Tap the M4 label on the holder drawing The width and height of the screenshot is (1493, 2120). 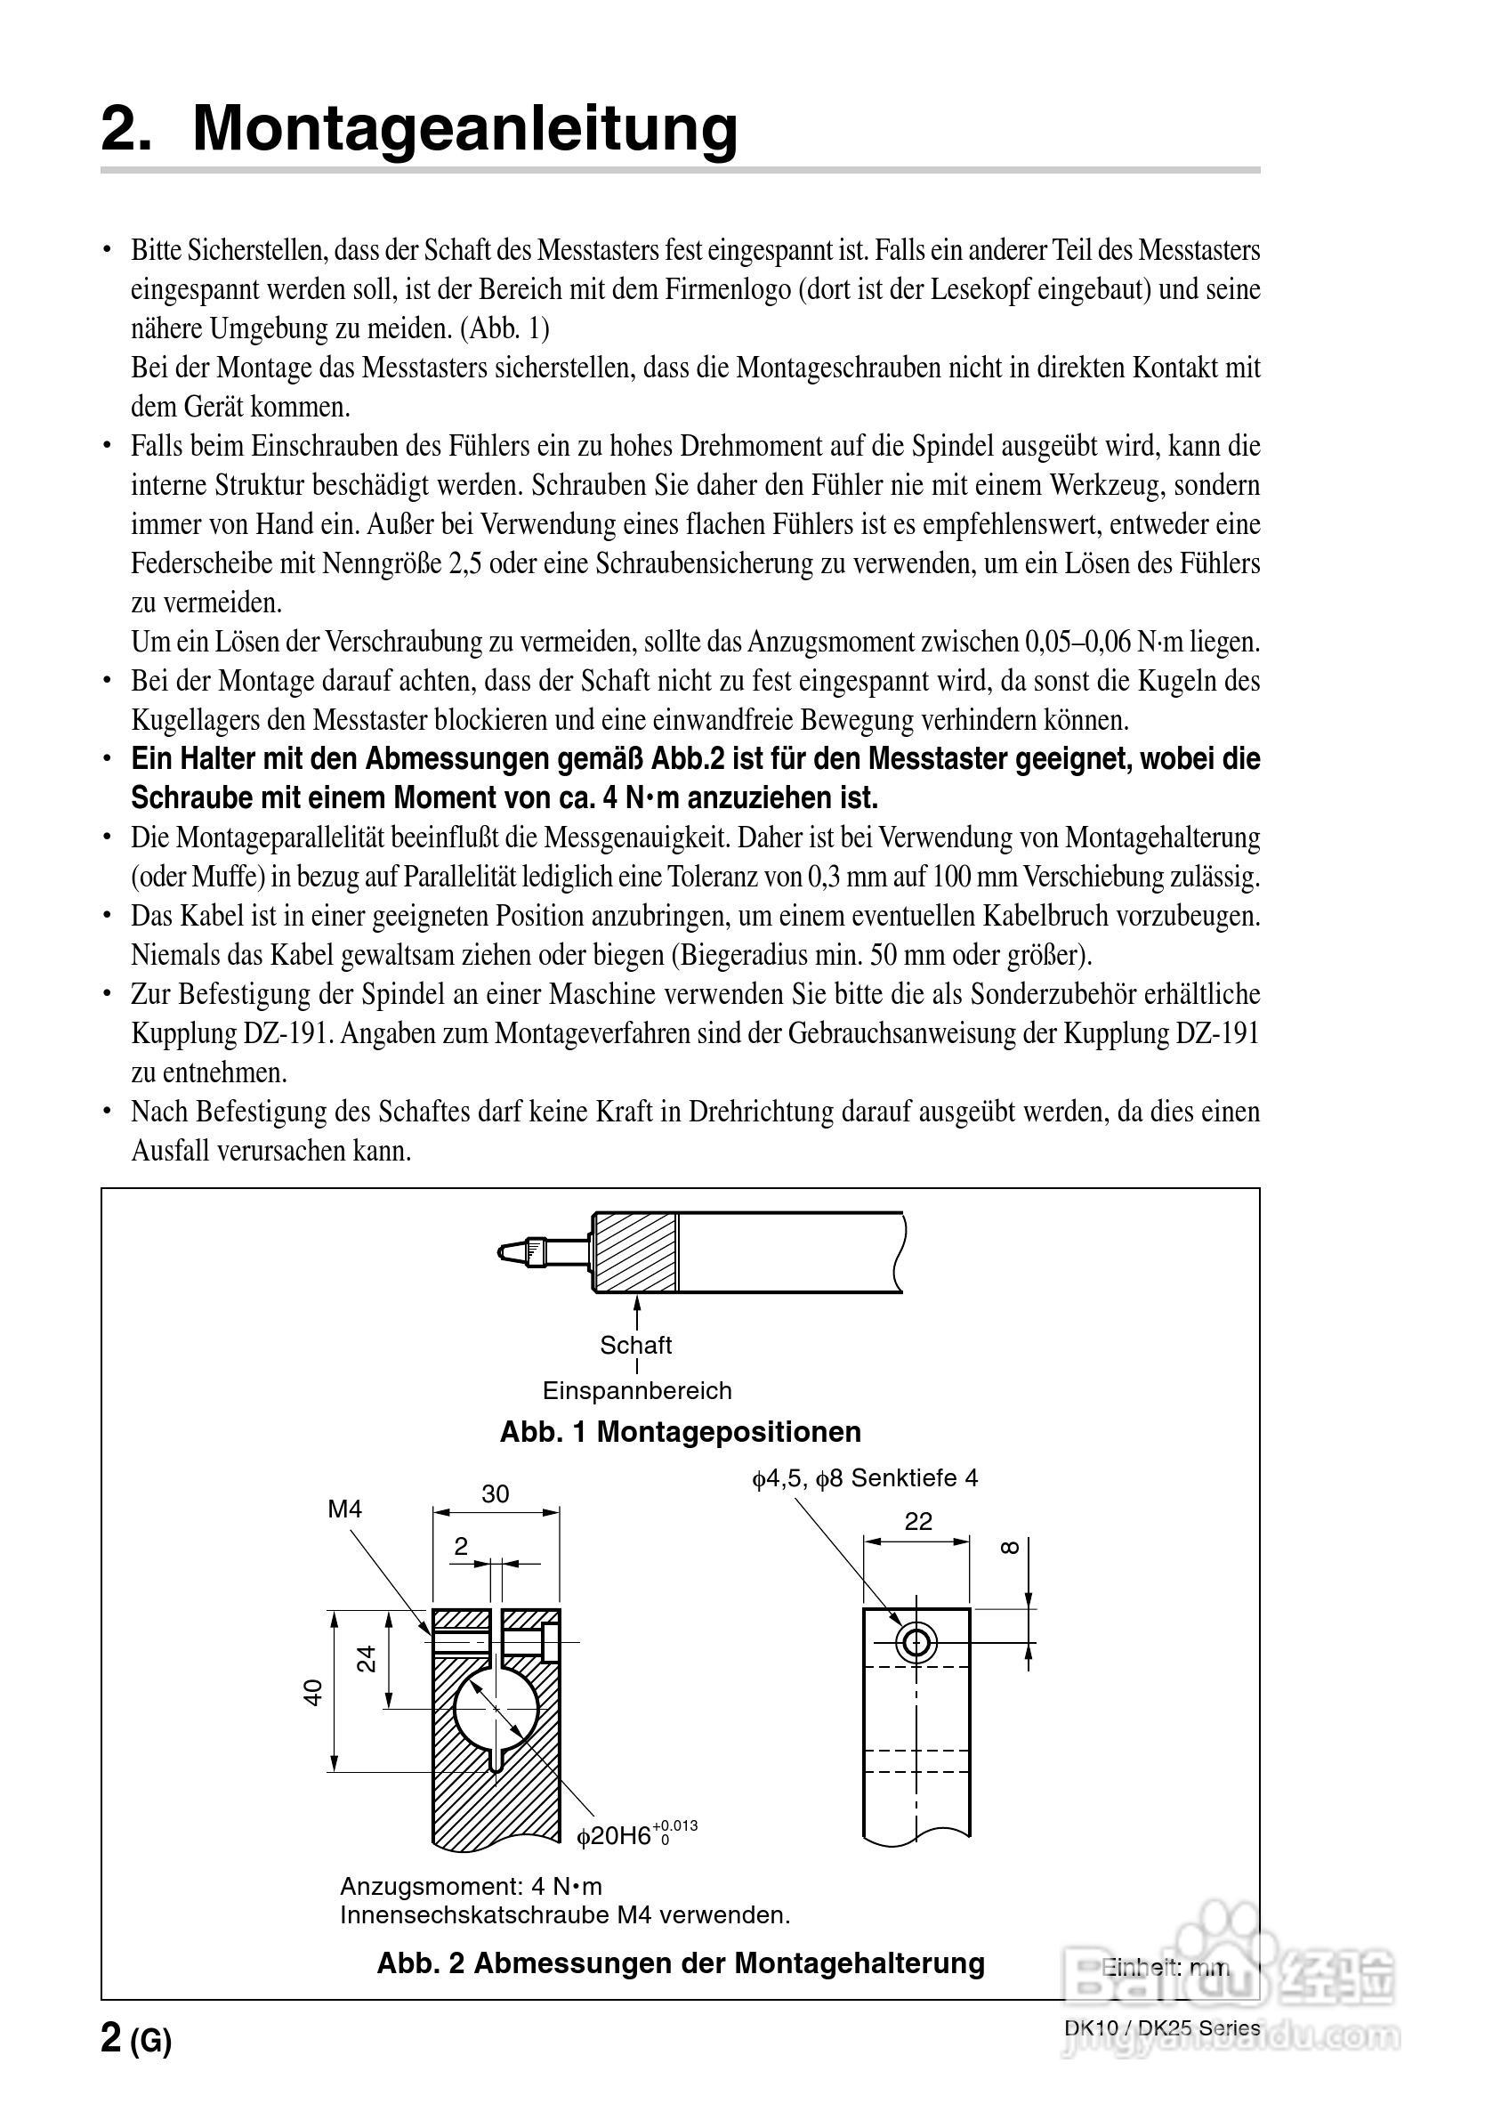(x=344, y=1509)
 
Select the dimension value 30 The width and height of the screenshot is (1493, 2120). (x=495, y=1494)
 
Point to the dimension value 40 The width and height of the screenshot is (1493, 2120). (x=314, y=1692)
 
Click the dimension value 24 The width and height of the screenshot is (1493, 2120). (x=367, y=1658)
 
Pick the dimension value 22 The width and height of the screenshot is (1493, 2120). (x=917, y=1521)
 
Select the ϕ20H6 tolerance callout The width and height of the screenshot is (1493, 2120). (x=635, y=1834)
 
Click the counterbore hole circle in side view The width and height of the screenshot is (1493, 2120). (x=916, y=1643)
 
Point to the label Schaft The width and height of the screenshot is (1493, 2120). (x=635, y=1346)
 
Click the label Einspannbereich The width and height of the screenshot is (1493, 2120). (x=636, y=1390)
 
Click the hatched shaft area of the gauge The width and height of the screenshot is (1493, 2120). (x=635, y=1252)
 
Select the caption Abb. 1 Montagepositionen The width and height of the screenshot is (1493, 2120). (x=680, y=1432)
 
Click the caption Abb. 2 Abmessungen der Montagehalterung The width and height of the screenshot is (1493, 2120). (x=680, y=1962)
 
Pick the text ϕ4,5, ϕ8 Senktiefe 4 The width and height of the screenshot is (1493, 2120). (x=864, y=1478)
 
